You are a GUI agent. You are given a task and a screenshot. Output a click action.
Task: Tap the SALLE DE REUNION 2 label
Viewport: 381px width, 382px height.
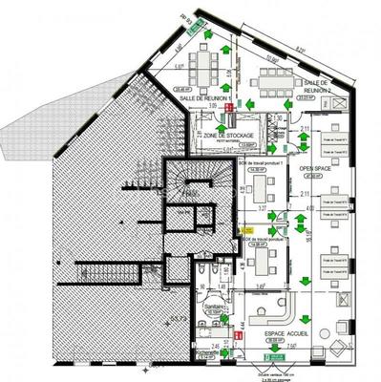coord(316,87)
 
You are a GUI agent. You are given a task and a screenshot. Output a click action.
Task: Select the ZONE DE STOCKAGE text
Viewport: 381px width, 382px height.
coord(228,137)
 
